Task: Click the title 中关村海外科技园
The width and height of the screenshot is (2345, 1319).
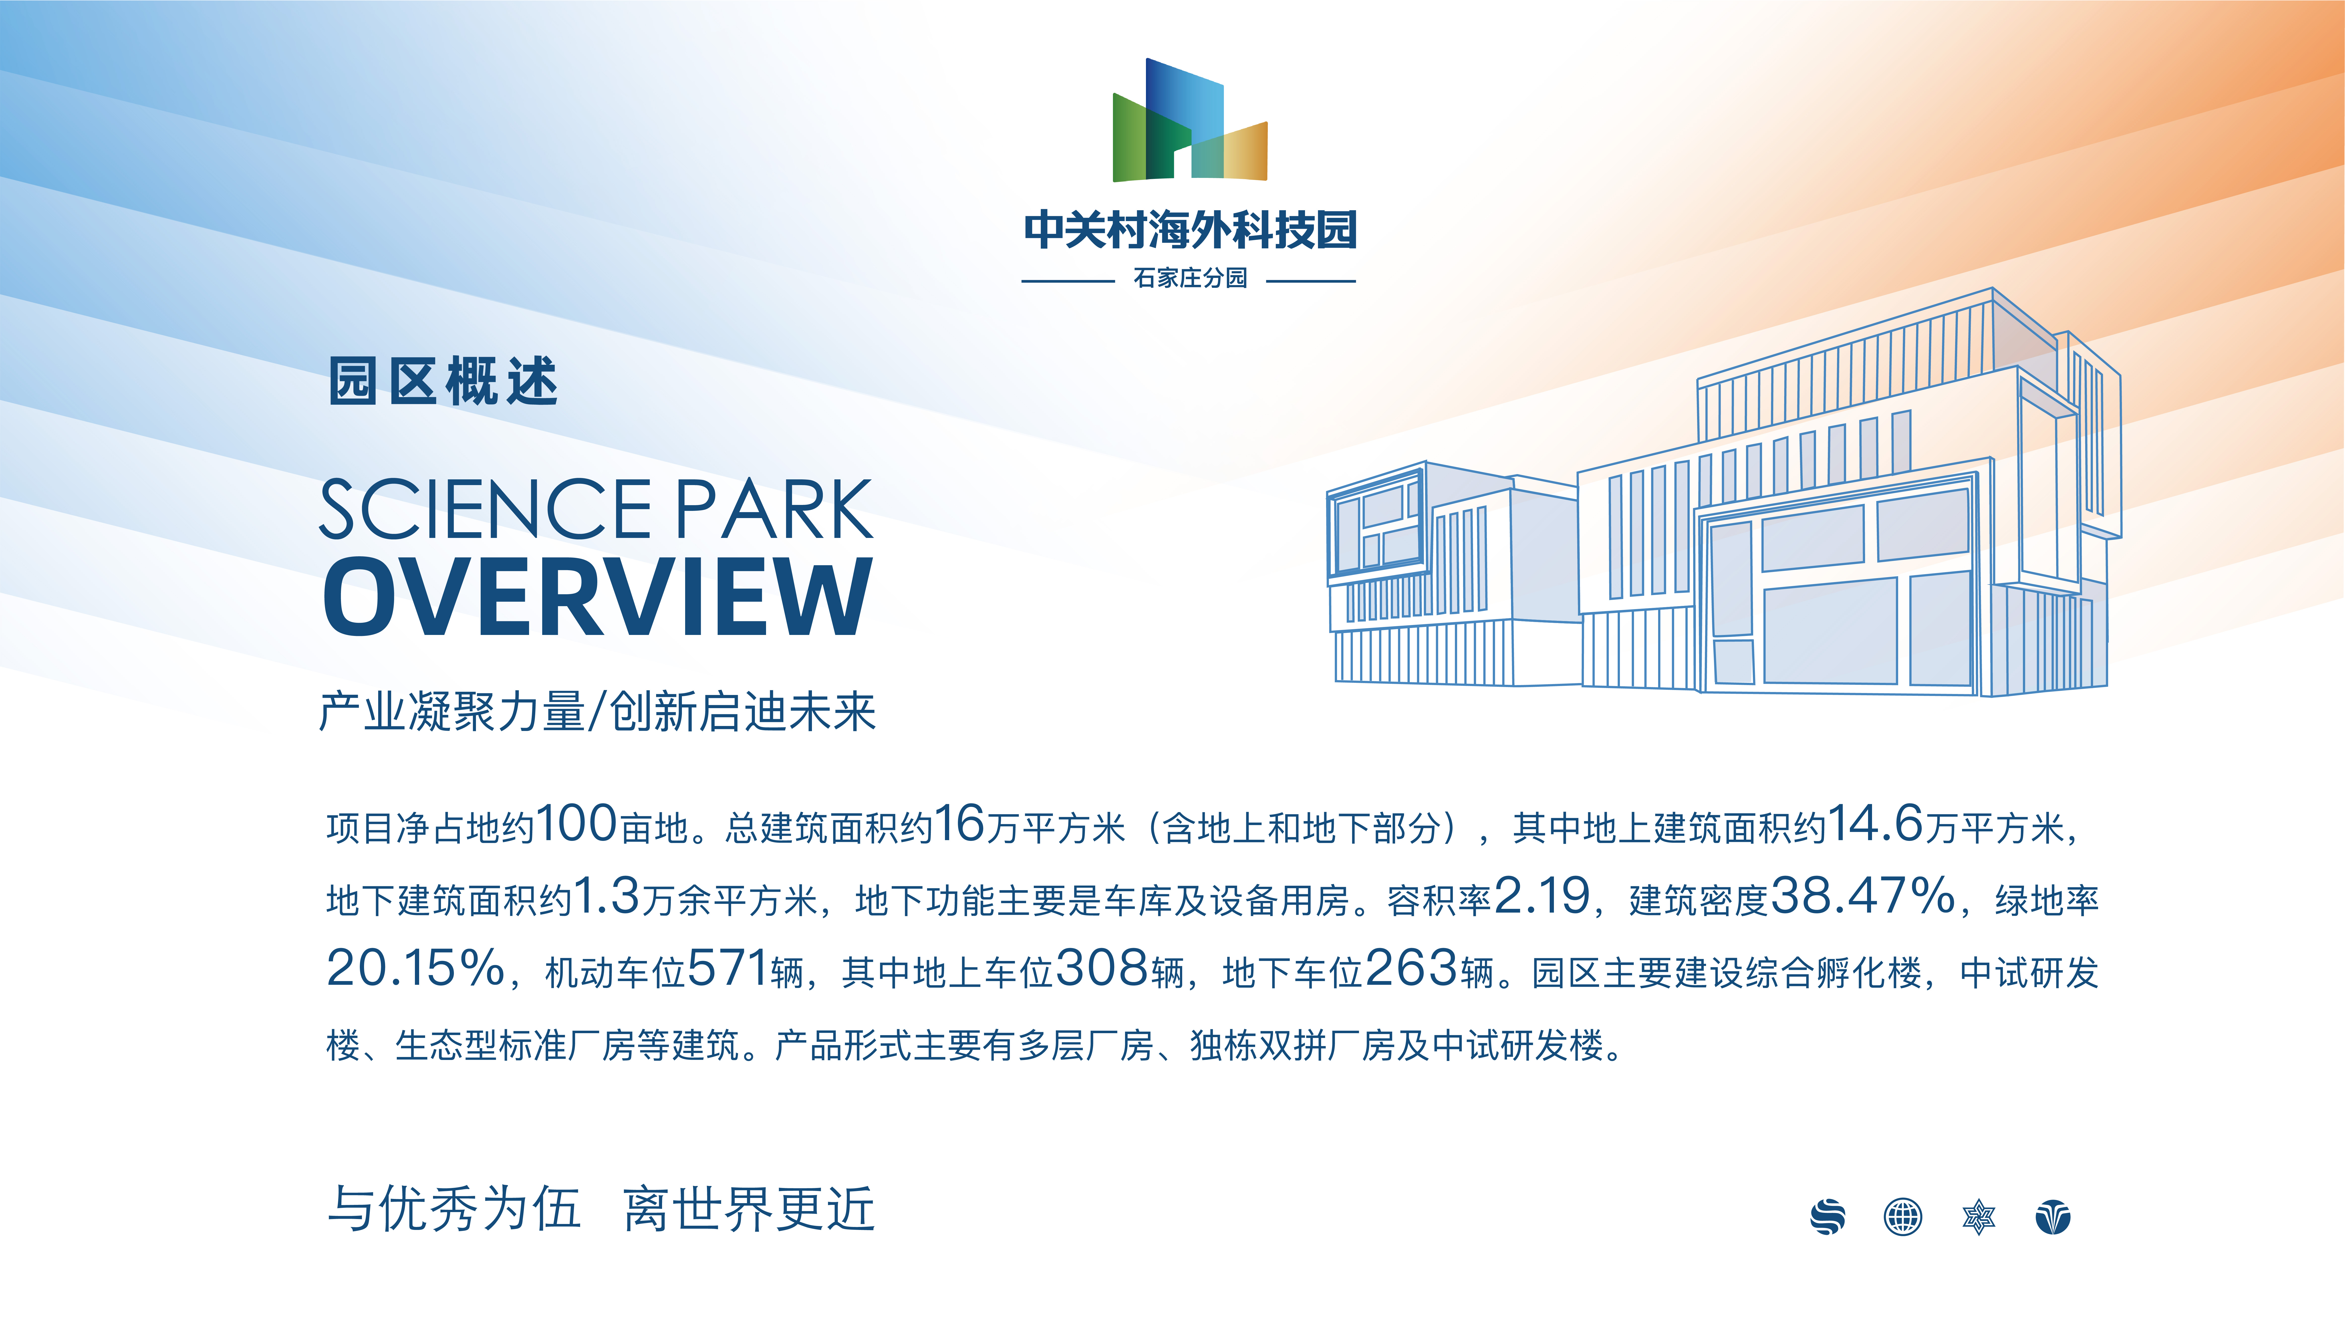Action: [x=1190, y=230]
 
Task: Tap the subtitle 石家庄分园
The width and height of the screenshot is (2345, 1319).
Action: [x=1190, y=278]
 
